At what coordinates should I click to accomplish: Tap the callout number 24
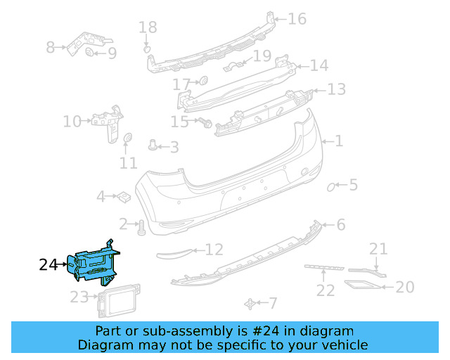pos(48,265)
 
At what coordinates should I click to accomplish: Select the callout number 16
pos(297,18)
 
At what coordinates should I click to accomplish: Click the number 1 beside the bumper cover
pos(339,141)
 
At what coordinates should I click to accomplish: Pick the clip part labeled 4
pos(122,196)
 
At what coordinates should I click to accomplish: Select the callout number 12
pos(214,249)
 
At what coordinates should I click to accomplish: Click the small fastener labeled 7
pos(250,303)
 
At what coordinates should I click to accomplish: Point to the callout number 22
pos(325,289)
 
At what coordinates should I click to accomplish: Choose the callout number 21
pos(378,248)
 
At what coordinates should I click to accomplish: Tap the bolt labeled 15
pos(205,122)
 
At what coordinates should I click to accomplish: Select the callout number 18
pos(148,28)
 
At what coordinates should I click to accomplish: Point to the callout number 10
pos(72,122)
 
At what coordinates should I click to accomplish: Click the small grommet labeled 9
pos(91,52)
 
